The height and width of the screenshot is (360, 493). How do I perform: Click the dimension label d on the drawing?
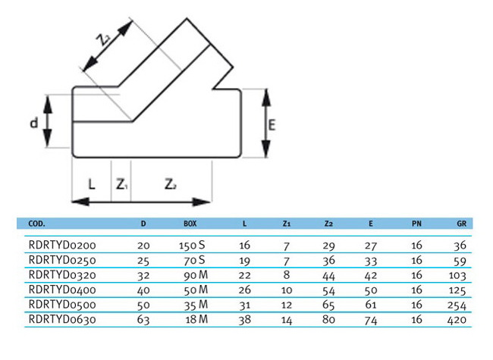coord(34,123)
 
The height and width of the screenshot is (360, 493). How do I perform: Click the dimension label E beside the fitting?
coord(272,125)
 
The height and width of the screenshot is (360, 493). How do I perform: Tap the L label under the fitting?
coord(91,183)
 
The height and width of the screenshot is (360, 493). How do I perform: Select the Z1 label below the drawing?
coord(121,184)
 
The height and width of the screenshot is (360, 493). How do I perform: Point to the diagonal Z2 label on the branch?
coord(103,40)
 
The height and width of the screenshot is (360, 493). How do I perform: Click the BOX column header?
coord(190,224)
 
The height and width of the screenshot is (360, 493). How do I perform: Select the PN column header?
coord(416,224)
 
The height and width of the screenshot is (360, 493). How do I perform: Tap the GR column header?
coord(462,224)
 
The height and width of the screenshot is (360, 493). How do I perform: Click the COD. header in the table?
coord(37,224)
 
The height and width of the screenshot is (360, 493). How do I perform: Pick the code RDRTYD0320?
coord(62,275)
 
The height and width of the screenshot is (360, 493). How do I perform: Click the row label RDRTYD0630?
coord(62,320)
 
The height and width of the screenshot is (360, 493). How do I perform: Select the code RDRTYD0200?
coord(62,245)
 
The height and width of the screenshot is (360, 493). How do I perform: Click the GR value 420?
coord(457,320)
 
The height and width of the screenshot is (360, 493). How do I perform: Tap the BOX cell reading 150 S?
coord(192,246)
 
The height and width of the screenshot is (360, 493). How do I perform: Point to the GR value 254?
coord(457,305)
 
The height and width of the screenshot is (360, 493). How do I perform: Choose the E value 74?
coord(371,321)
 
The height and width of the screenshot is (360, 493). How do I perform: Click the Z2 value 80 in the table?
coord(328,320)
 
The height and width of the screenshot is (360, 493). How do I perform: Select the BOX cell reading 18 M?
coord(197,320)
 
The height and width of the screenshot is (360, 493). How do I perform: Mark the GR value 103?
coord(457,276)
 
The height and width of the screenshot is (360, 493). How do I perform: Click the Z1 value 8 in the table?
coord(287,275)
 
